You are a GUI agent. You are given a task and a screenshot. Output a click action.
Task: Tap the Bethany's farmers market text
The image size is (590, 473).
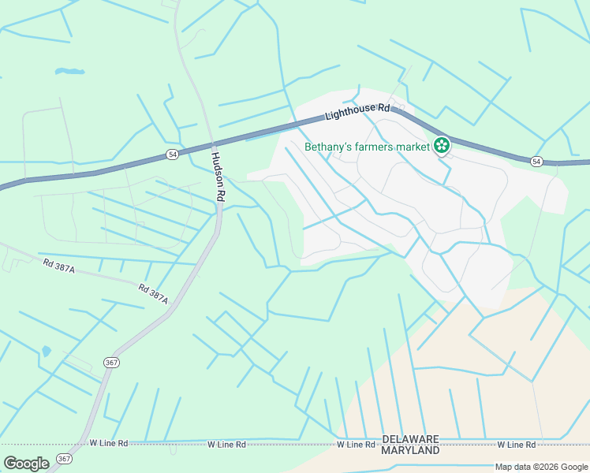[368, 146]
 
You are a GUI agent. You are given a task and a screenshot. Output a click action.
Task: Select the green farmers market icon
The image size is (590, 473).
[442, 145]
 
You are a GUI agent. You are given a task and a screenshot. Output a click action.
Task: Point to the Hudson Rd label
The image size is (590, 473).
[218, 175]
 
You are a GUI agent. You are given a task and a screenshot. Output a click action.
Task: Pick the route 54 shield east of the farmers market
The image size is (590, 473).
[536, 162]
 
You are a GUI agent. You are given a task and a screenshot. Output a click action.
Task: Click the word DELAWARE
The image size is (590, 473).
[410, 438]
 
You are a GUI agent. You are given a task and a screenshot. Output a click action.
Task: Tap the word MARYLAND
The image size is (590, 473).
[410, 450]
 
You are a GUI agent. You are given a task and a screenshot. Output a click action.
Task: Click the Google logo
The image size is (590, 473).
[27, 464]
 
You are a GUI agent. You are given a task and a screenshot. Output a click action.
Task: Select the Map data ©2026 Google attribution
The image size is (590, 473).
[541, 467]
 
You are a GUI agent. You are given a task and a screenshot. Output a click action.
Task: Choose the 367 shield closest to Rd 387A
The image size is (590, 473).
[110, 361]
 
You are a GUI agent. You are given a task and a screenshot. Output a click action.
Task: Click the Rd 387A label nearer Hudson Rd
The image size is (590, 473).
[154, 294]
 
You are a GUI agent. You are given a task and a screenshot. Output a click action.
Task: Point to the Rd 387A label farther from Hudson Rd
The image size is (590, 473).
[59, 267]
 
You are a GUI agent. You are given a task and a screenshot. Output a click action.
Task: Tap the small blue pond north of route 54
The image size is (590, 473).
[69, 72]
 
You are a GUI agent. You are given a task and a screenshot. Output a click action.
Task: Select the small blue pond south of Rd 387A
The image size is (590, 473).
[46, 350]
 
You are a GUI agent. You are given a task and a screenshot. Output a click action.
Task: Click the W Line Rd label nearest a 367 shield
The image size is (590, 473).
[109, 443]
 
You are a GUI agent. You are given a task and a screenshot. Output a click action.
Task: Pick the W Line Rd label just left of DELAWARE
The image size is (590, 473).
[356, 445]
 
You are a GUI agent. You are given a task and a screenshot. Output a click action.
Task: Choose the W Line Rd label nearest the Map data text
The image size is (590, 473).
[517, 445]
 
